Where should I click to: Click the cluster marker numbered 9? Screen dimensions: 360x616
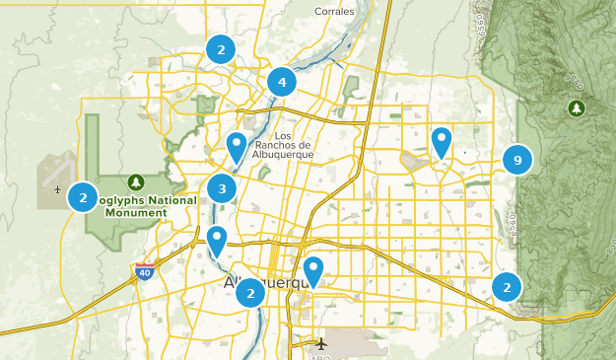pos(516,159)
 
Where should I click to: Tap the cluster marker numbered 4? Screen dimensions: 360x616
pos(282,82)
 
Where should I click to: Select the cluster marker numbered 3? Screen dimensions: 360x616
pos(223,188)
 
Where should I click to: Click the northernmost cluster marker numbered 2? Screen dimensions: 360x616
pos(221,49)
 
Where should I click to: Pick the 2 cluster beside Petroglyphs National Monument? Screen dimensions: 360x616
pos(83,198)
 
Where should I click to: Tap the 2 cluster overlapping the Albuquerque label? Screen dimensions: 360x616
pos(250,292)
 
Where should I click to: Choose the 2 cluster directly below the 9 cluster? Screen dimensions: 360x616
pos(507,287)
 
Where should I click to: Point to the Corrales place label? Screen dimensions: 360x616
pos(333,12)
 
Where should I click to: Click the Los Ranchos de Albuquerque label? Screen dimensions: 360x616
pos(284,144)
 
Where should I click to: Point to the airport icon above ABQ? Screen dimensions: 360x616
pos(322,344)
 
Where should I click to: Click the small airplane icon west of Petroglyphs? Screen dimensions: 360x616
pos(58,188)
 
